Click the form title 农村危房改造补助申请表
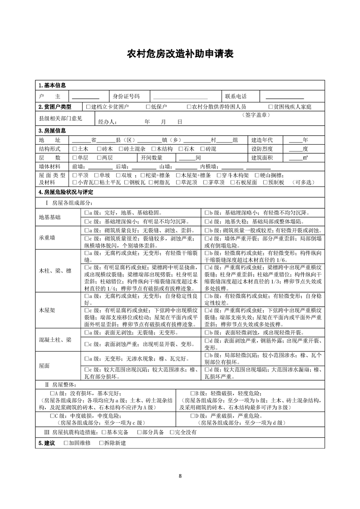[180, 54]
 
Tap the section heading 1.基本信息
[53, 86]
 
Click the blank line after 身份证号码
[180, 97]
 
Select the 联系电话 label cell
[236, 97]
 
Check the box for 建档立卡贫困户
[88, 107]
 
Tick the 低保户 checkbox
[148, 107]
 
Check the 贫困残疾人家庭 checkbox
[271, 107]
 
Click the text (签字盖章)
[256, 116]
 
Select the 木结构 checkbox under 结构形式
[153, 149]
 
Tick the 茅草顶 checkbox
[205, 182]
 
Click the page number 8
[180, 476]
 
